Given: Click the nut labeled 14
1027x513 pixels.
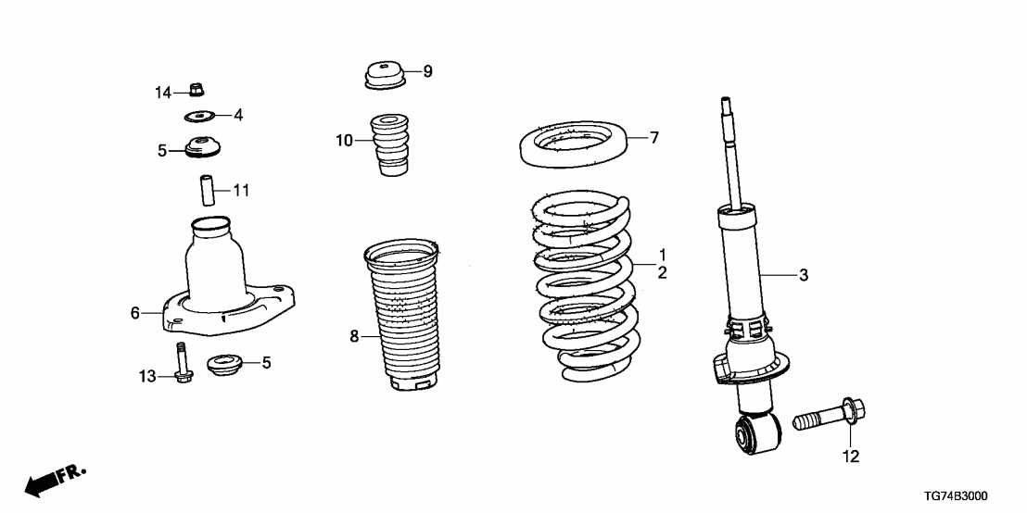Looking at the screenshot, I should [x=196, y=90].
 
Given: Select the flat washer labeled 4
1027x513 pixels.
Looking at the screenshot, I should [x=199, y=116].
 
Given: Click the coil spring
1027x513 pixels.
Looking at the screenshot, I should [x=584, y=287].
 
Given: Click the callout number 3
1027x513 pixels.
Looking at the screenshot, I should [x=804, y=275].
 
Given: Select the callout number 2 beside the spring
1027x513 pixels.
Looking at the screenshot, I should [x=662, y=272].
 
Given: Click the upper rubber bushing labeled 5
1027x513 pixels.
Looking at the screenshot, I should [x=200, y=148].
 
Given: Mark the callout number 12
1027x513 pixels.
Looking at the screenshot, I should [x=850, y=457].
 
